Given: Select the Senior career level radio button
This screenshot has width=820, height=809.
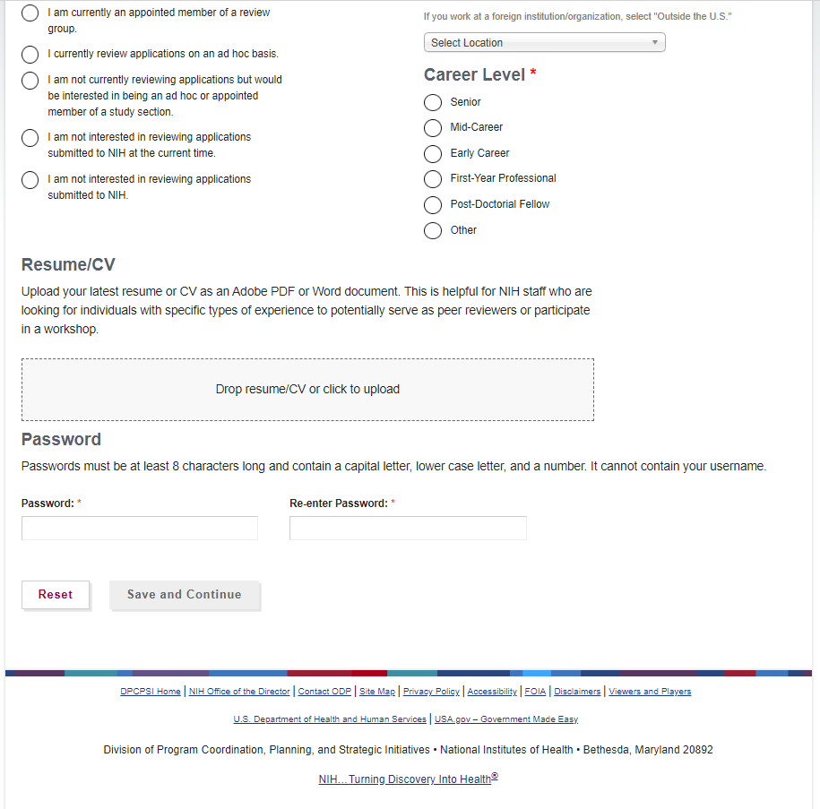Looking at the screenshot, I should coord(433,102).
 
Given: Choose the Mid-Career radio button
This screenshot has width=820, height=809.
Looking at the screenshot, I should coord(433,128).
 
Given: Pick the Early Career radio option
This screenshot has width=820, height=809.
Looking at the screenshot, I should coord(433,153).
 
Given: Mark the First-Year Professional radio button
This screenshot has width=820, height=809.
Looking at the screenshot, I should coord(433,179).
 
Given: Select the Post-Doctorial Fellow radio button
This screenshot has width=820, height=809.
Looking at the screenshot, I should coord(433,205).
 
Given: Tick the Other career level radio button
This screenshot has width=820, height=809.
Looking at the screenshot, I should coord(433,230).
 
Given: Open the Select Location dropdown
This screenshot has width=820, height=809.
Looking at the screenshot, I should coord(544,43).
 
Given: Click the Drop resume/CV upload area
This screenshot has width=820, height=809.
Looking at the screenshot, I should coord(307,390).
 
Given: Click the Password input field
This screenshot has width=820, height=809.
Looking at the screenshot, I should coord(140,529).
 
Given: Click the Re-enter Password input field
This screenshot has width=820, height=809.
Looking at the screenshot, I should coord(408,529).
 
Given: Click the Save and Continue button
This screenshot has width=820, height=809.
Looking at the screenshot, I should coord(185,595).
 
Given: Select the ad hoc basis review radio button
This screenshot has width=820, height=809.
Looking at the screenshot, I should coord(30,55).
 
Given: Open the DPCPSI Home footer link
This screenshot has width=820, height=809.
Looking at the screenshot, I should coord(151,692).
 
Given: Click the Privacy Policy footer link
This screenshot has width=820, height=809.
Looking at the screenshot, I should coord(431,692).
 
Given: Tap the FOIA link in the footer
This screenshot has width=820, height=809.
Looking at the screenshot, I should coord(535,692).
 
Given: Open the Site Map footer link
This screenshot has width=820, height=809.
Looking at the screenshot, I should coord(377,692).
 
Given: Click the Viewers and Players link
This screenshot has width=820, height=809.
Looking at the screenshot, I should coord(650,692).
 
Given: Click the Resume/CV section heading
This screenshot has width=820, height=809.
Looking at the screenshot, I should coord(68,265).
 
